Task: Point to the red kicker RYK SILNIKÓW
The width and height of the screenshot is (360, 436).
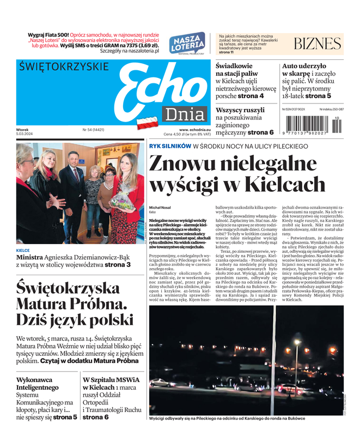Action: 169,147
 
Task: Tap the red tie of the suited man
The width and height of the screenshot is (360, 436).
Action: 76,176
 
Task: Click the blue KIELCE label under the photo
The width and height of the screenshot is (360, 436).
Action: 23,251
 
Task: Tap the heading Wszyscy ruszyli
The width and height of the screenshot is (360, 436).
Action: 240,110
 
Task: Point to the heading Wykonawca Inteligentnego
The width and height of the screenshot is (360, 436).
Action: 38,383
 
